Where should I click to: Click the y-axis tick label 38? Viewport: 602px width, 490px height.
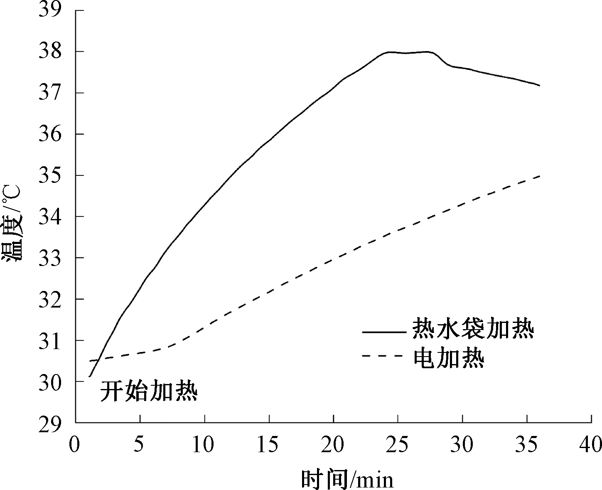click(50, 52)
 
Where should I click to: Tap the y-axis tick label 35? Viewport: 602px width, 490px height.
click(50, 175)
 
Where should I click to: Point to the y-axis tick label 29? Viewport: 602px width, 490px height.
click(50, 423)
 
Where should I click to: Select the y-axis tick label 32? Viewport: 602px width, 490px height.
click(50, 299)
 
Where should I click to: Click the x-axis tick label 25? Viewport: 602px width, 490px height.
click(398, 445)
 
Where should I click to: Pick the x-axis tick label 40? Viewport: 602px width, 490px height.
click(591, 445)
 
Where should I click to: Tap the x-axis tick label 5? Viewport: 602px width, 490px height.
click(140, 445)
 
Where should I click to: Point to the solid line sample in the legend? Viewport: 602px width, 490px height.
click(383, 332)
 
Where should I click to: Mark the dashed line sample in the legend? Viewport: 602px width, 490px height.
click(383, 356)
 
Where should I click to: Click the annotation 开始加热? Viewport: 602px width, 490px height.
click(148, 391)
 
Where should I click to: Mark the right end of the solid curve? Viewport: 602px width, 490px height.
click(539, 86)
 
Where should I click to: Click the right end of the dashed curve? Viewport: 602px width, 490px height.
click(539, 176)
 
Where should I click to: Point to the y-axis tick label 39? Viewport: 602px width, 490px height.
click(50, 11)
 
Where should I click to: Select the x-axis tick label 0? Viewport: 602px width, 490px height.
click(75, 445)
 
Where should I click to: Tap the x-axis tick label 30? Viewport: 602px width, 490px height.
click(462, 445)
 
